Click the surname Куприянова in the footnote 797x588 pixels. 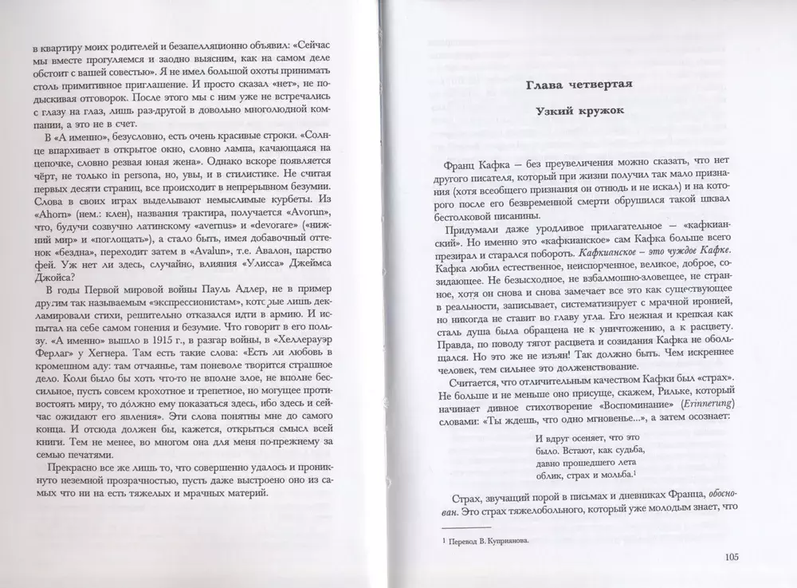[504, 540]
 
